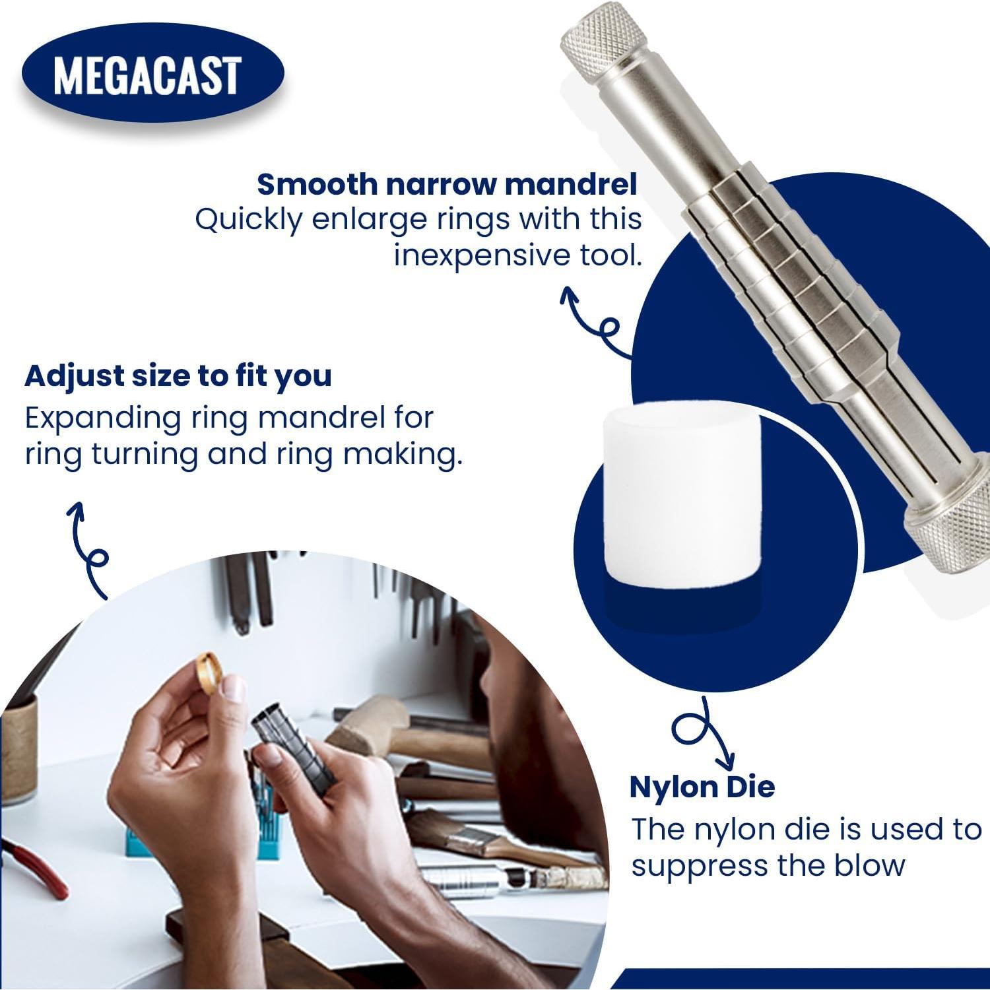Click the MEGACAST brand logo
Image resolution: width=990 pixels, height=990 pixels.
tap(152, 75)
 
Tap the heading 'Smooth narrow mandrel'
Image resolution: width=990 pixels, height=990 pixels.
tap(447, 185)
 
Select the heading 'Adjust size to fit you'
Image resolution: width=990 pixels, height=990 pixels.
tap(178, 376)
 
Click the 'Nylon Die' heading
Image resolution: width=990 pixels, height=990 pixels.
tap(702, 787)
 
